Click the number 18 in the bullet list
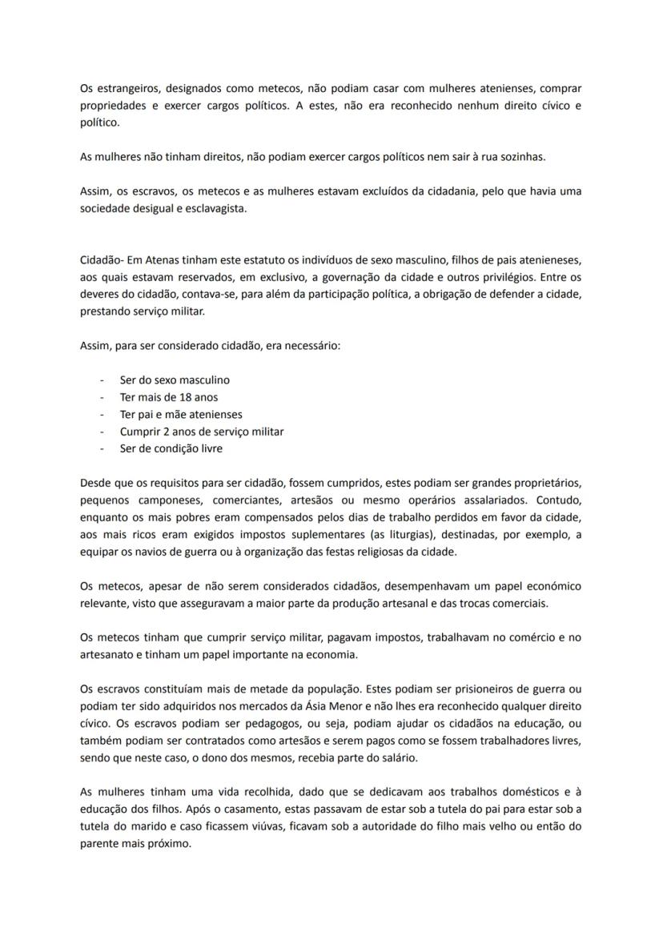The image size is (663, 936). (x=179, y=397)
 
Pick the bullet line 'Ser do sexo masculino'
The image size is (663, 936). (x=175, y=380)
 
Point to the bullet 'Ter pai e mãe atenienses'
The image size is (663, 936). (x=181, y=415)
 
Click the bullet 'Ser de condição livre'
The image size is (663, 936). (x=171, y=448)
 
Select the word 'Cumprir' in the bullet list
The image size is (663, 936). (x=139, y=432)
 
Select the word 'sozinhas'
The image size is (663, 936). (x=519, y=157)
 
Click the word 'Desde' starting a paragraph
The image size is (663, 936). (x=96, y=483)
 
